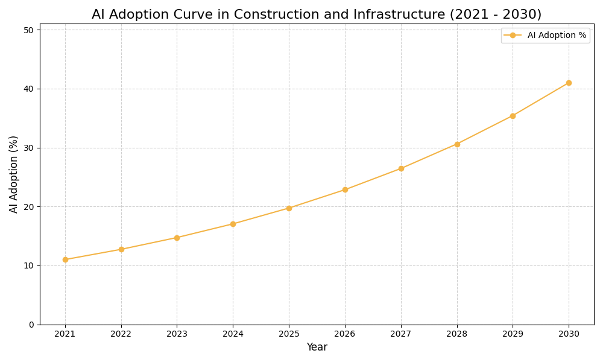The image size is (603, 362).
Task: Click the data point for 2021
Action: pyautogui.click(x=65, y=259)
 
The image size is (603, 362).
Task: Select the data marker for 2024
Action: pyautogui.click(x=233, y=224)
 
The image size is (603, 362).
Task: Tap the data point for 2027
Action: pyautogui.click(x=401, y=168)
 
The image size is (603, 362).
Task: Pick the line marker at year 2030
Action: pyautogui.click(x=569, y=83)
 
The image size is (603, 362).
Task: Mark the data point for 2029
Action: pyautogui.click(x=513, y=116)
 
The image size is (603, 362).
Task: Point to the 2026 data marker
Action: pyautogui.click(x=345, y=189)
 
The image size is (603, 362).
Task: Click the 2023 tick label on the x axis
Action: pyautogui.click(x=177, y=334)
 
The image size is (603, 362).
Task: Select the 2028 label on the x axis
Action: pyautogui.click(x=457, y=334)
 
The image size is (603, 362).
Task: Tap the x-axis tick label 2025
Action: pyautogui.click(x=289, y=334)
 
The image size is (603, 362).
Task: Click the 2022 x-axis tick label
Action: pyautogui.click(x=121, y=334)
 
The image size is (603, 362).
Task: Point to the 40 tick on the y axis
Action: pyautogui.click(x=28, y=89)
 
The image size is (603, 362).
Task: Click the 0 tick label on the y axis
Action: pyautogui.click(x=31, y=325)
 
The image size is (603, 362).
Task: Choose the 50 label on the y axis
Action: pyautogui.click(x=28, y=30)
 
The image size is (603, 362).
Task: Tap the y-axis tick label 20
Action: pyautogui.click(x=28, y=206)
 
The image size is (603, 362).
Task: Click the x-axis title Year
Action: pyautogui.click(x=317, y=348)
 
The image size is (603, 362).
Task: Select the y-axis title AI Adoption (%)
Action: pyautogui.click(x=14, y=174)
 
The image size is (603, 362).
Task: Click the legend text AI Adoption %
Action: pyautogui.click(x=557, y=36)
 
